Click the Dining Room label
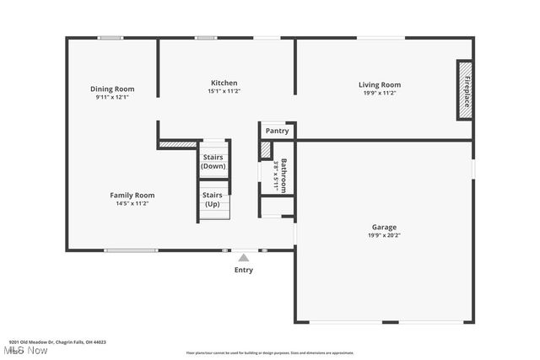click(112, 89)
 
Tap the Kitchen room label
click(224, 83)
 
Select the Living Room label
click(379, 84)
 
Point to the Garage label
click(384, 227)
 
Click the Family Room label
click(132, 195)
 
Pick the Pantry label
click(277, 131)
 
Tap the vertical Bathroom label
click(284, 175)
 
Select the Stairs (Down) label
click(213, 161)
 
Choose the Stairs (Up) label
click(213, 200)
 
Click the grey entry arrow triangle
click(243, 257)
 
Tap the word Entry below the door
click(243, 270)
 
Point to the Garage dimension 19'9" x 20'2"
click(384, 235)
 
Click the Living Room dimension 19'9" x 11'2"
click(379, 93)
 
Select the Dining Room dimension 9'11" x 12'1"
click(112, 97)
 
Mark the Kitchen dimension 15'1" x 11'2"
click(224, 91)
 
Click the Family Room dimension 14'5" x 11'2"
click(132, 203)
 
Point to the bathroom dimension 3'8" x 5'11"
click(276, 175)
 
